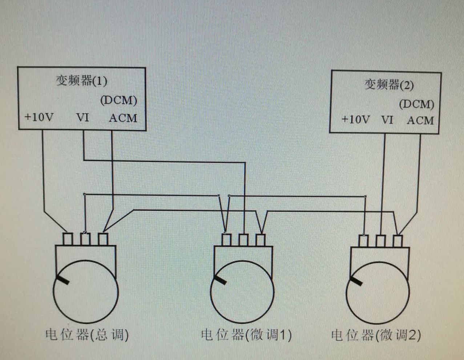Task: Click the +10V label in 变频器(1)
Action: (x=39, y=117)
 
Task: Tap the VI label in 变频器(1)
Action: (x=82, y=117)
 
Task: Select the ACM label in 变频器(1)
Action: (x=123, y=118)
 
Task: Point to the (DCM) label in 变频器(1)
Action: (x=118, y=100)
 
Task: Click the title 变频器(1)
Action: (x=81, y=80)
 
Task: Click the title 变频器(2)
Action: (x=389, y=85)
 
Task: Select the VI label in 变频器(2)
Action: (x=387, y=120)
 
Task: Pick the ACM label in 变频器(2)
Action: (x=420, y=120)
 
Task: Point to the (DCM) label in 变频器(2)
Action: (x=416, y=104)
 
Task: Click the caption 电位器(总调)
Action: (x=87, y=334)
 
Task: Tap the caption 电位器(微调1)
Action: (x=246, y=335)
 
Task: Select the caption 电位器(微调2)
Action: (x=376, y=335)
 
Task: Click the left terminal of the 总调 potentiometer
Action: (x=68, y=239)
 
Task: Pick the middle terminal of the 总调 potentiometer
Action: (x=85, y=239)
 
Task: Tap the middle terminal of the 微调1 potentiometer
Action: (x=243, y=240)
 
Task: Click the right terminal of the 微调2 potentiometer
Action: (x=398, y=241)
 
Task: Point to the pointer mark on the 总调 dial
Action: (x=62, y=280)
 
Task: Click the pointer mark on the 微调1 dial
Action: (x=219, y=279)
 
